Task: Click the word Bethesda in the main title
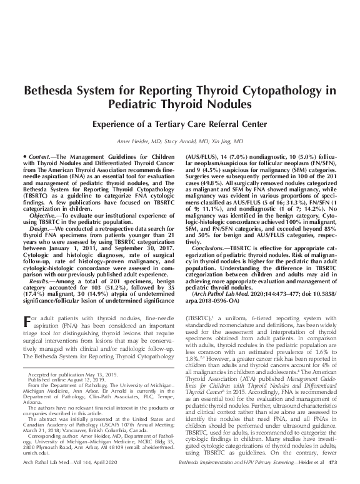click(53, 90)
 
